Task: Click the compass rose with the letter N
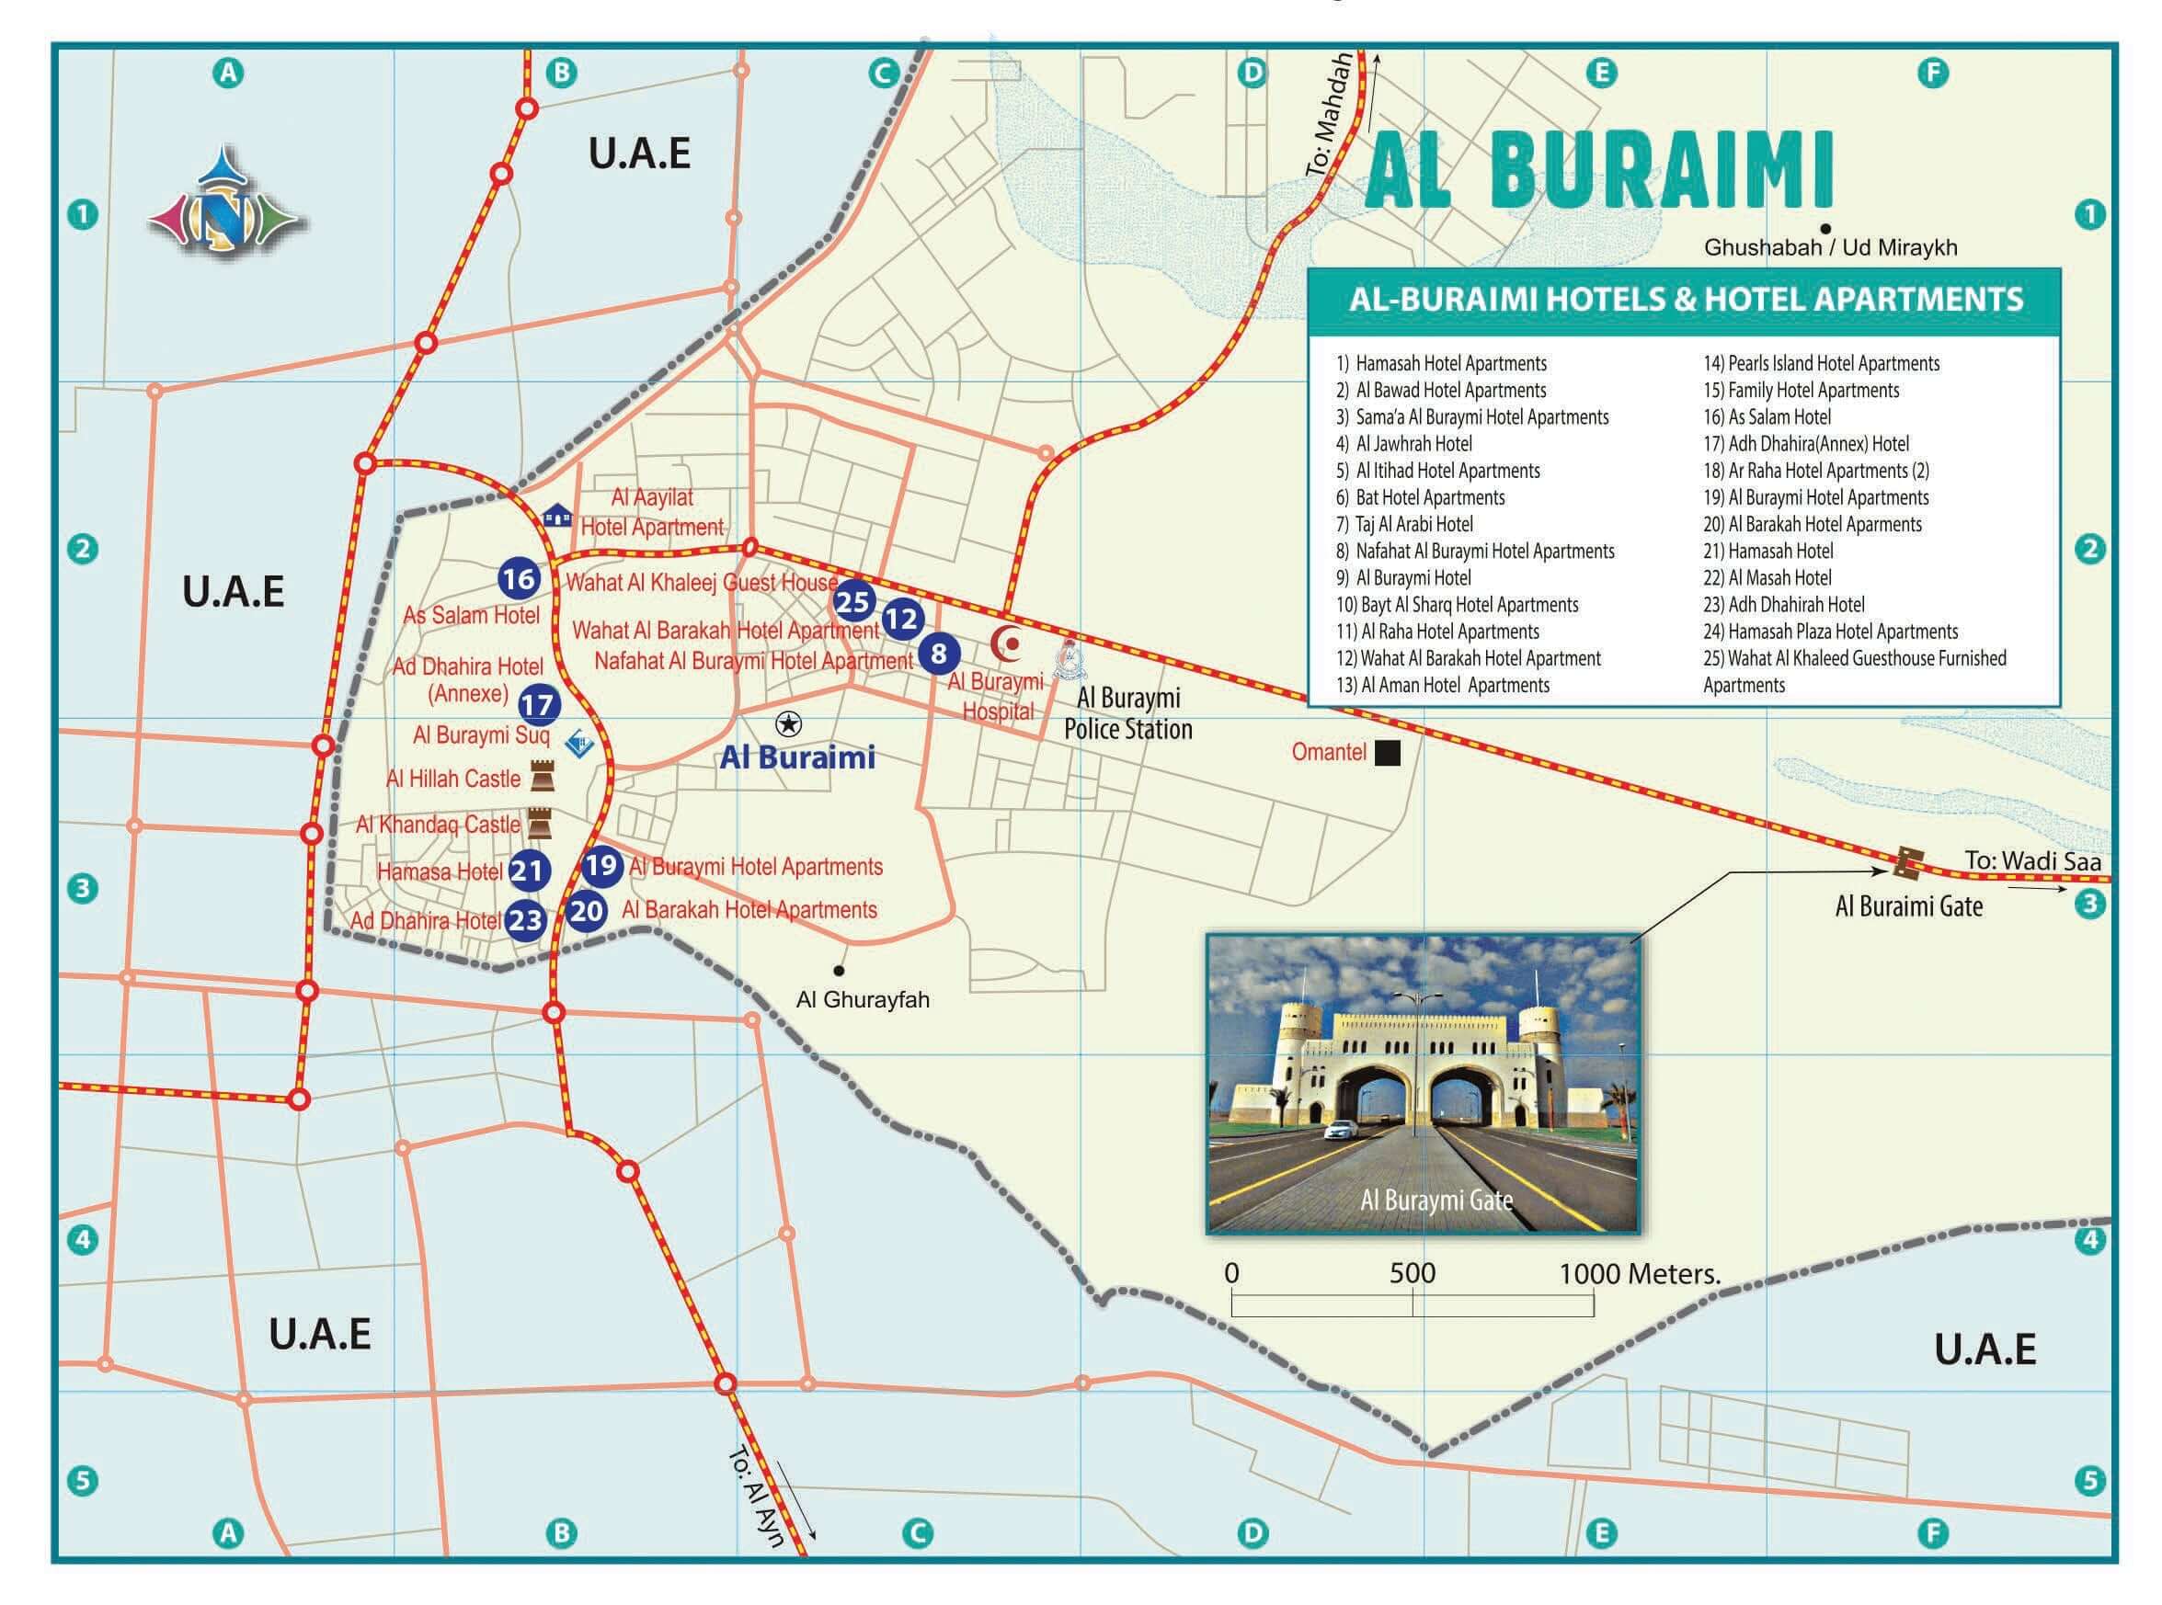[225, 207]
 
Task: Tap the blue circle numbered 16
[519, 579]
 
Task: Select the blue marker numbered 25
[852, 602]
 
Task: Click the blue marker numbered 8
[938, 653]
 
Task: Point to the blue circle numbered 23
[526, 919]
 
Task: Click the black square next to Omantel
[1387, 752]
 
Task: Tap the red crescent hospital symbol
[1007, 643]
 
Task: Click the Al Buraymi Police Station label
[1127, 713]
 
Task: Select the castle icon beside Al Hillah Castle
[540, 778]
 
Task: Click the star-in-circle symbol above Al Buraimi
[788, 723]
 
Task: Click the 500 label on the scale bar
[1411, 1274]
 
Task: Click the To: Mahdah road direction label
[1328, 115]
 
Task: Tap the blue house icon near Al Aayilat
[556, 514]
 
